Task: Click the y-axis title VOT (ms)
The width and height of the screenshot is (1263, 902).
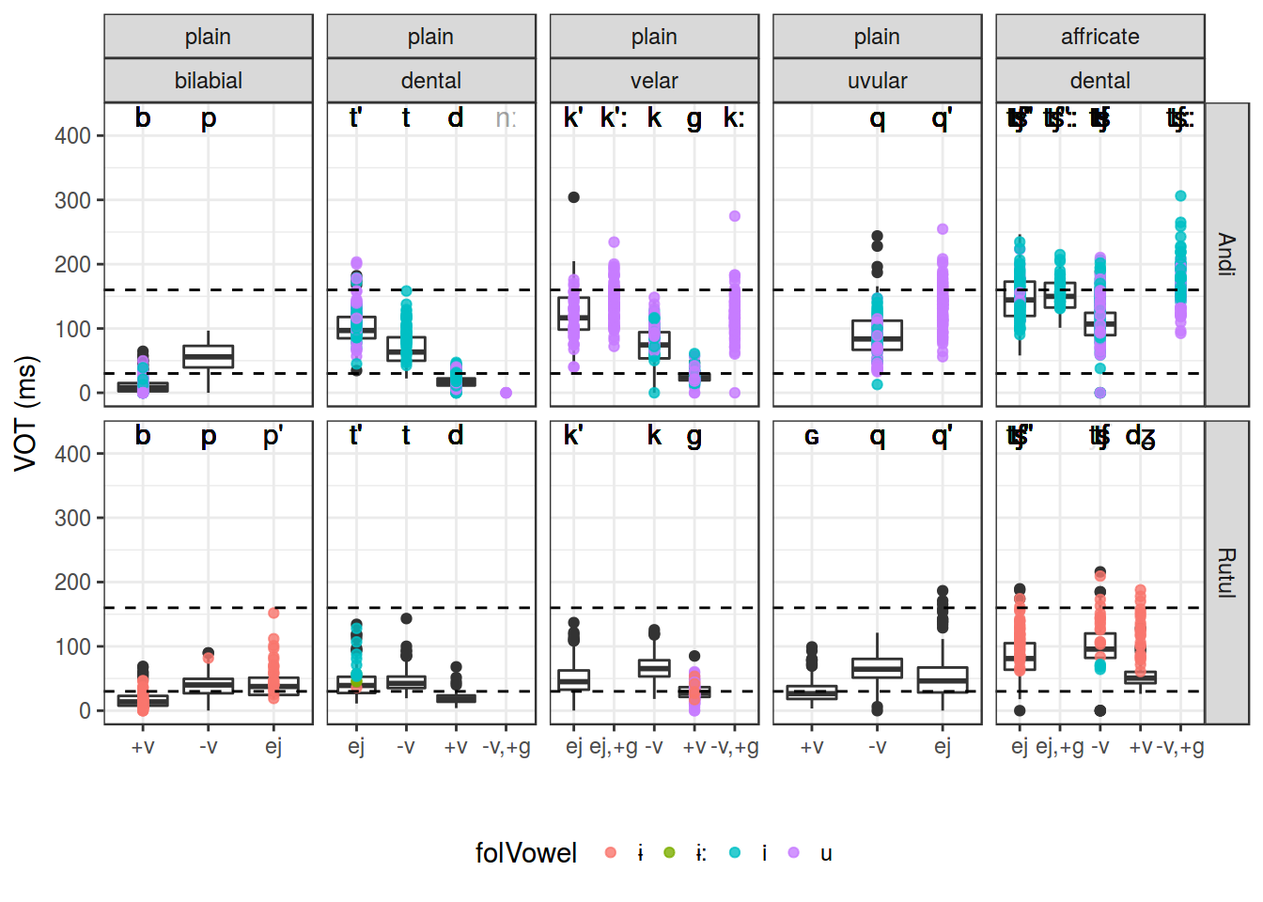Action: (x=26, y=413)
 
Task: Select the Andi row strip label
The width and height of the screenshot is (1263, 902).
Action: (x=1226, y=254)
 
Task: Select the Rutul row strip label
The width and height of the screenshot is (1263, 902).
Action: (x=1226, y=572)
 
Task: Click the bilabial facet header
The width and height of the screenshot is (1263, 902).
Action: (x=208, y=81)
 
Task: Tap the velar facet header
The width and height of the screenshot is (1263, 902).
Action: (x=654, y=81)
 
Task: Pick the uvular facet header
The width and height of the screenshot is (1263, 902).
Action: (x=877, y=81)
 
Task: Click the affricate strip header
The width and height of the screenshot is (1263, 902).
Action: (x=1099, y=37)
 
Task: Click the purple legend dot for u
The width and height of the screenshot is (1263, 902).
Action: (x=794, y=852)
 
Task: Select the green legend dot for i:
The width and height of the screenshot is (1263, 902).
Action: (x=669, y=852)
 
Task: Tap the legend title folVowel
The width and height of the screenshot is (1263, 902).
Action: (x=525, y=852)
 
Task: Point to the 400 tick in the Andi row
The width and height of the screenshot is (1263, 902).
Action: (x=72, y=136)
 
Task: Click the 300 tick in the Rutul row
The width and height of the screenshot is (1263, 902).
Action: (x=72, y=518)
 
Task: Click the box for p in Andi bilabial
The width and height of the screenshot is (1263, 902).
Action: (x=208, y=356)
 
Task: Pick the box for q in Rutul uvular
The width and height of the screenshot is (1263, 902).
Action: (x=877, y=668)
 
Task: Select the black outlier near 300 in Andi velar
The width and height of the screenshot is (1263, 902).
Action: (x=573, y=197)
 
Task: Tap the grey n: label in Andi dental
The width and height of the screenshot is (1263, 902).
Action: (x=506, y=118)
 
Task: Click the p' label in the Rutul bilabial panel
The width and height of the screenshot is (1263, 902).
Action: (x=273, y=436)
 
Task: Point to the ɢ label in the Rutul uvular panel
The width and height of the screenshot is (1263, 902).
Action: (x=812, y=437)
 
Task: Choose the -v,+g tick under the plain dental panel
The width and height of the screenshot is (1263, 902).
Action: (x=506, y=746)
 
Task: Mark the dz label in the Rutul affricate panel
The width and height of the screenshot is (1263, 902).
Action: (x=1140, y=437)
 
